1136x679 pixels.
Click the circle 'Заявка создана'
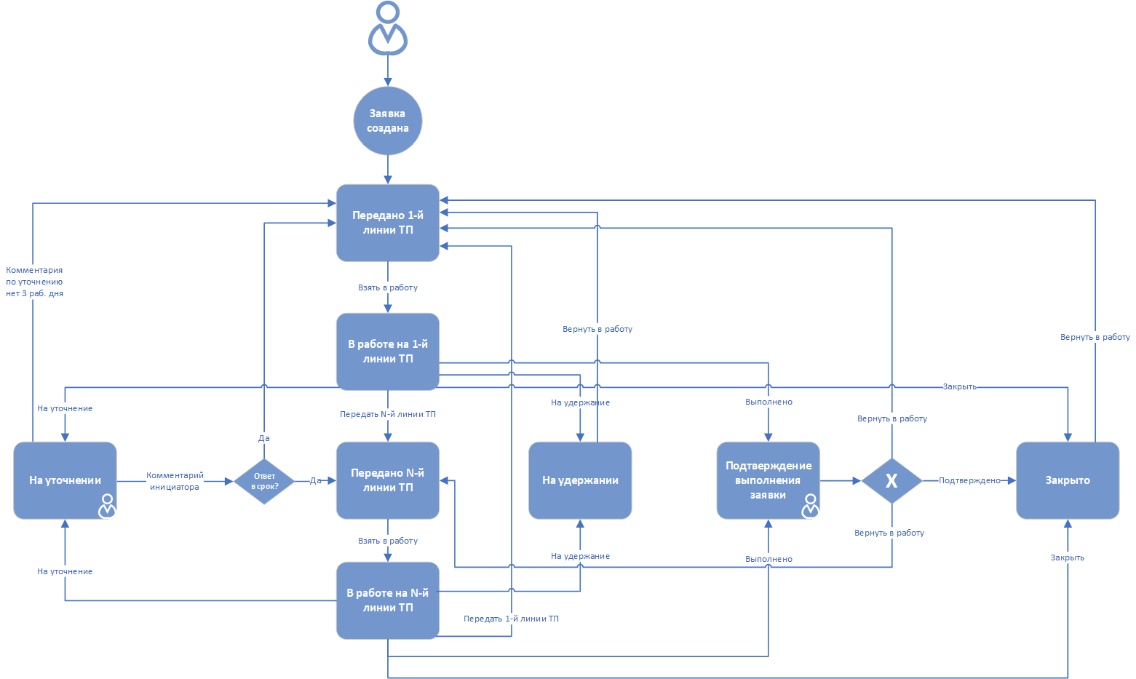(387, 121)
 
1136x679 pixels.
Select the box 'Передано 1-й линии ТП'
(387, 223)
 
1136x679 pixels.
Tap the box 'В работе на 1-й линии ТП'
(387, 352)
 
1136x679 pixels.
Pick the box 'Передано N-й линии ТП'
(387, 480)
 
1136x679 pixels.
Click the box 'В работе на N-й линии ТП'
(387, 600)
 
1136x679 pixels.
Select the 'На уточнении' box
(65, 480)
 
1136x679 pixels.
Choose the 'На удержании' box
(580, 480)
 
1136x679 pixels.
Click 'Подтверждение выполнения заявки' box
(768, 480)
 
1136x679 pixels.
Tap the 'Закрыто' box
(1068, 480)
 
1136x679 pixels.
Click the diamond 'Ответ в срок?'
(264, 481)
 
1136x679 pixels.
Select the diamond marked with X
(891, 481)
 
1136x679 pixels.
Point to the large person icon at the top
(387, 28)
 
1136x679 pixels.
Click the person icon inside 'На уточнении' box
(107, 506)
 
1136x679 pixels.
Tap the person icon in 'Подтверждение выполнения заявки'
(811, 506)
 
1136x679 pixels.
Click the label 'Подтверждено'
(969, 480)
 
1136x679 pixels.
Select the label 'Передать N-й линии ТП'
(387, 414)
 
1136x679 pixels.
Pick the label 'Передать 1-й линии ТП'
(511, 619)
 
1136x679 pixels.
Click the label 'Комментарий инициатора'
(175, 481)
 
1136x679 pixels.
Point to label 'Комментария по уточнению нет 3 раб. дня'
(34, 282)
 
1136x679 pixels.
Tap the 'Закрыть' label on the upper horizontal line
(959, 386)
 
